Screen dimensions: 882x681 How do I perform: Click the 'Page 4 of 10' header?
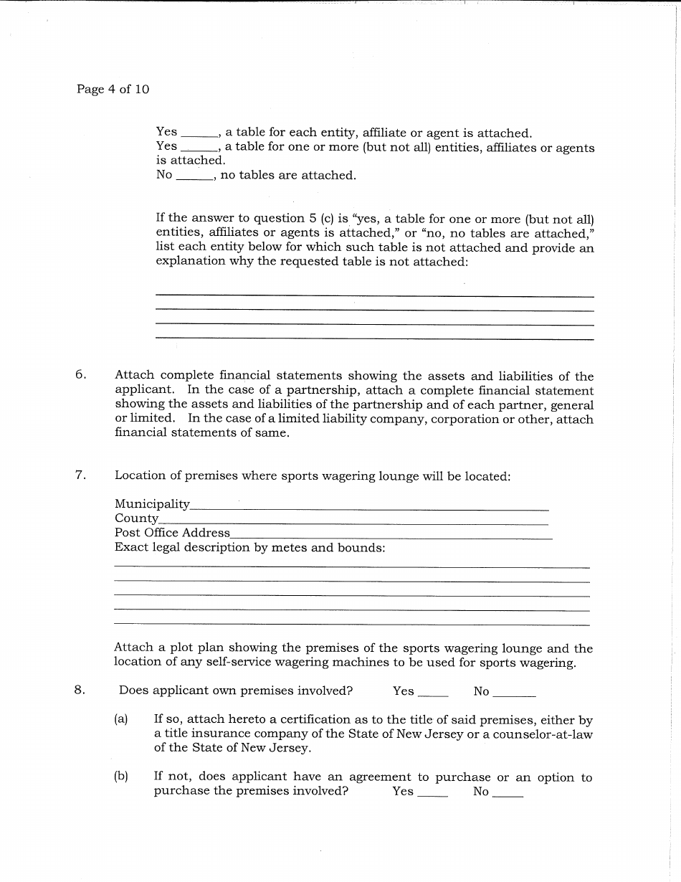[x=113, y=90]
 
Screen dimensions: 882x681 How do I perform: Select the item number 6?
[x=80, y=375]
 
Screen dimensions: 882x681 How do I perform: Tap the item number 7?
[x=80, y=475]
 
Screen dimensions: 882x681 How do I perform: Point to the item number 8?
[x=80, y=691]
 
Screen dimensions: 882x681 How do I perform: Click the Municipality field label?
[x=152, y=504]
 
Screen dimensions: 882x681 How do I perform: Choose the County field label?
[x=136, y=518]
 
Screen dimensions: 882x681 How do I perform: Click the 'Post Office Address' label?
[x=172, y=533]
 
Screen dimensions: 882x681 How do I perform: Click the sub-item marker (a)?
[x=121, y=719]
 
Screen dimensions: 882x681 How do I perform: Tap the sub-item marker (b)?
[x=121, y=777]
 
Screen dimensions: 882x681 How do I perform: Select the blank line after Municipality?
[x=369, y=508]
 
